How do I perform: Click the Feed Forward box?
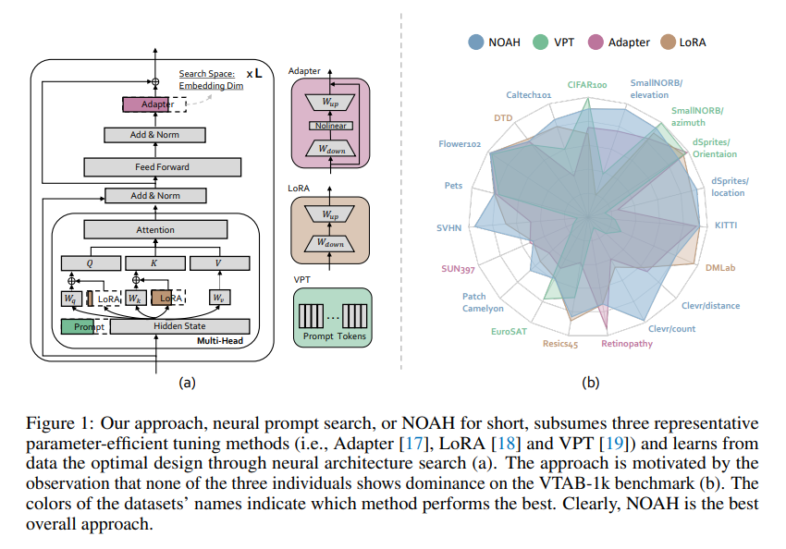coord(162,167)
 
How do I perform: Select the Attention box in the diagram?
coord(154,228)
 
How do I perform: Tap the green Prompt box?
coord(81,326)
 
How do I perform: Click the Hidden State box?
coord(178,326)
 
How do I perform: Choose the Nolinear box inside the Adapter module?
coord(330,126)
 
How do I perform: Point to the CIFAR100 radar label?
coord(586,84)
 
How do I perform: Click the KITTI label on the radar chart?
coord(727,226)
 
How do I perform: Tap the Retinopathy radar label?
coord(626,344)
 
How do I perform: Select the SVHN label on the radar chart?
coord(450,226)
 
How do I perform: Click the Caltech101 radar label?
coord(529,94)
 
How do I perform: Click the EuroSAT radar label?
coord(510,330)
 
